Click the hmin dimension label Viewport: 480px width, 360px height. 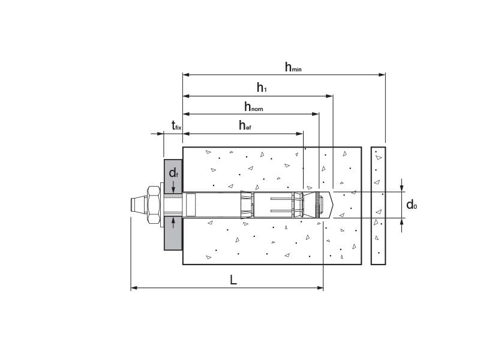point(293,67)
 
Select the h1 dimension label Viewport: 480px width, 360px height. point(262,88)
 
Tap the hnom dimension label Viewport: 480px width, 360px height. point(253,107)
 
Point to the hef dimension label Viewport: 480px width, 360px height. point(245,125)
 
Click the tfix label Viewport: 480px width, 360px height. point(176,125)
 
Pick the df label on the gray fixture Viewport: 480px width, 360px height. point(173,173)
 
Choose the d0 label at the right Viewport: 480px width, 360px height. point(412,205)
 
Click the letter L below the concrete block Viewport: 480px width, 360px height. point(233,280)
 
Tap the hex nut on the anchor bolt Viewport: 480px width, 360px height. point(154,205)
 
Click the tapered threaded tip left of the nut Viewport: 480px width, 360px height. point(139,205)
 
